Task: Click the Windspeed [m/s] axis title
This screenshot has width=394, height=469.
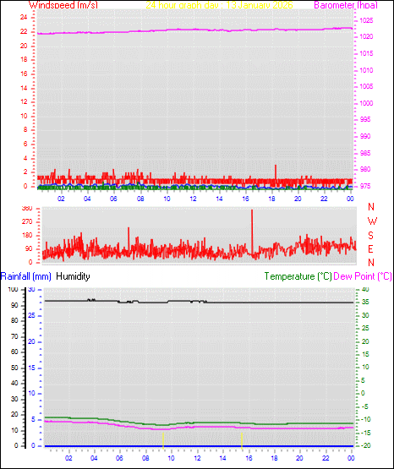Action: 63,5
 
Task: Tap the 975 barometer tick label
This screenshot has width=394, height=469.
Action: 366,185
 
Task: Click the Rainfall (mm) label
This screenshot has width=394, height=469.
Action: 26,276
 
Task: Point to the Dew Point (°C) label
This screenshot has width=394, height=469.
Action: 363,276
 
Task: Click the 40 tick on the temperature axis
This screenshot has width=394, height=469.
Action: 365,290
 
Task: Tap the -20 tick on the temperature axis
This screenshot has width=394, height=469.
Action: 365,445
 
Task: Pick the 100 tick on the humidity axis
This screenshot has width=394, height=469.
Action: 14,290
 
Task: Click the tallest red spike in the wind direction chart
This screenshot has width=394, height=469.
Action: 252,211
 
